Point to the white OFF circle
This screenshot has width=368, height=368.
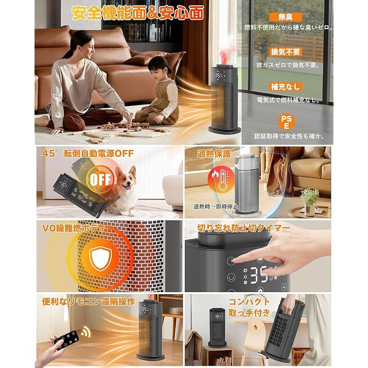point(100,179)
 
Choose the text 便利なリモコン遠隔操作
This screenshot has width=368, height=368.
point(88,302)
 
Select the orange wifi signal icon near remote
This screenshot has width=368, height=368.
point(85,331)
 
